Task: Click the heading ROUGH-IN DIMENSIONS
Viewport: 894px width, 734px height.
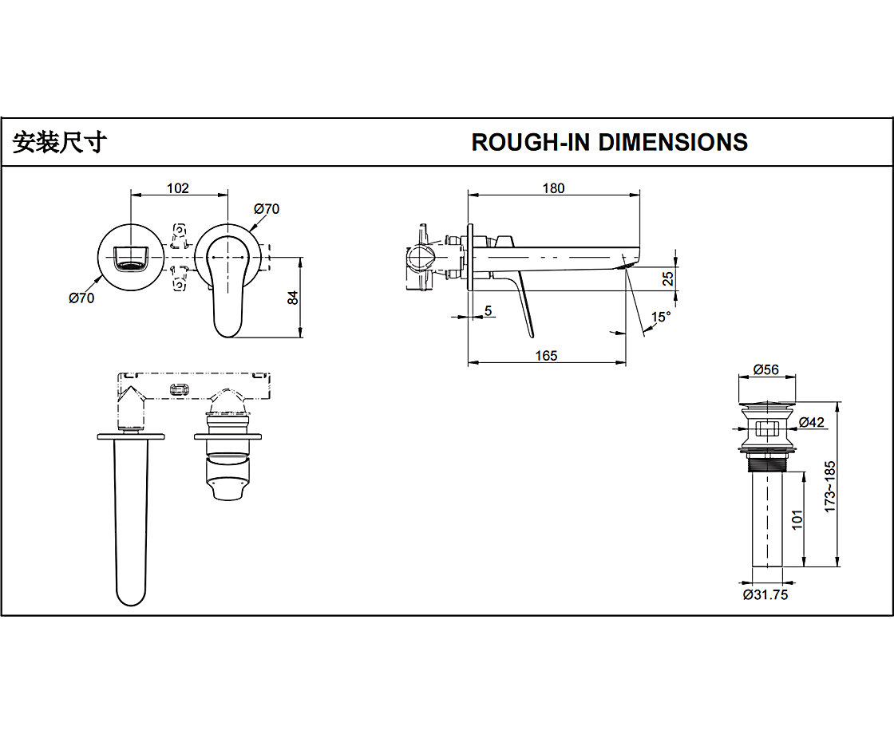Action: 609,142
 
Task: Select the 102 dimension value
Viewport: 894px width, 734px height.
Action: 177,188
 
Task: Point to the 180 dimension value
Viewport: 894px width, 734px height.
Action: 553,188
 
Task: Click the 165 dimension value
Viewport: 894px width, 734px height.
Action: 546,356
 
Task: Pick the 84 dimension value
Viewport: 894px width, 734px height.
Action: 293,297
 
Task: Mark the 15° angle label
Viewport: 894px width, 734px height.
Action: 661,317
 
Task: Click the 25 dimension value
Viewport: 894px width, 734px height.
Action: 669,278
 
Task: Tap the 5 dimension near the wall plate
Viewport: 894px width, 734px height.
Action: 489,311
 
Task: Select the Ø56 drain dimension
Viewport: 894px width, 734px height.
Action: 765,370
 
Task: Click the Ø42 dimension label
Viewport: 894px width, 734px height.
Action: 811,422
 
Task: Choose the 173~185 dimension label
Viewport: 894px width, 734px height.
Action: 829,487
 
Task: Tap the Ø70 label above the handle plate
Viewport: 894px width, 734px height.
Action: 267,209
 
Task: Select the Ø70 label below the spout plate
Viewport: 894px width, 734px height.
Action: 81,298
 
